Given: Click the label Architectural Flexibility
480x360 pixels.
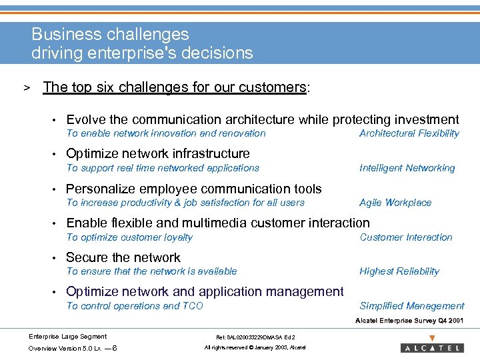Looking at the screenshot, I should pos(409,133).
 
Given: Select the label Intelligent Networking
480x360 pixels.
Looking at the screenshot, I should pos(407,168).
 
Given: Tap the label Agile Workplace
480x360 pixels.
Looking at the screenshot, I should pos(395,203).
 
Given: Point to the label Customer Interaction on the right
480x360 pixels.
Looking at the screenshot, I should pos(405,237).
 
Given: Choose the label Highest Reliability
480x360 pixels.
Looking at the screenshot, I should pos(399,271).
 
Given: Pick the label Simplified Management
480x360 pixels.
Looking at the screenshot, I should pos(411,306).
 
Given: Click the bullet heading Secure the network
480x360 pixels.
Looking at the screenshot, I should pos(123,257).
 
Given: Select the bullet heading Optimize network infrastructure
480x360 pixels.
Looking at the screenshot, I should pos(158,154).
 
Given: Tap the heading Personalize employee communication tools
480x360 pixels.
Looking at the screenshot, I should pos(194,189).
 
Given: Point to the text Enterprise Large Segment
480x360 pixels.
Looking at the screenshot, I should pos(67,336).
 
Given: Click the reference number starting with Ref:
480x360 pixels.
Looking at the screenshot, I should pos(255,337).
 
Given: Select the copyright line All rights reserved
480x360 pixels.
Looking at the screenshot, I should pos(255,348).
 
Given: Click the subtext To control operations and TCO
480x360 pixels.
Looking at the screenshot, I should pos(135,306).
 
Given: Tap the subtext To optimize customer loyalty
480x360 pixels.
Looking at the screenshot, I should pos(129,237).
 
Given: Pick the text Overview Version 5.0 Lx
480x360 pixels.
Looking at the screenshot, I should pos(65,348).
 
